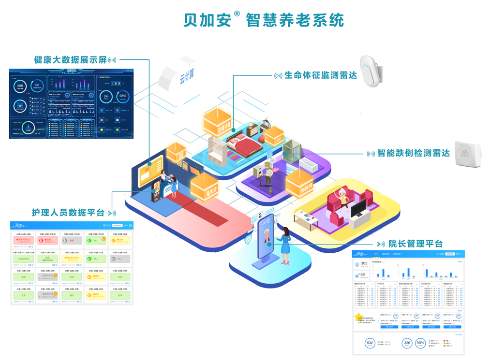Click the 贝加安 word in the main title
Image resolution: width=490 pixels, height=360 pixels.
click(x=208, y=20)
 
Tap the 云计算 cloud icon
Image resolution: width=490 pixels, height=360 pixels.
click(x=183, y=78)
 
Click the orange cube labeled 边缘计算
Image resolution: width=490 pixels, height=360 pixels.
click(x=217, y=123)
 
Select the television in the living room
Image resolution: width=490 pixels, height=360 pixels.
click(x=358, y=209)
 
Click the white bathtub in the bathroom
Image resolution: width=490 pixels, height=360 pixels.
click(x=308, y=165)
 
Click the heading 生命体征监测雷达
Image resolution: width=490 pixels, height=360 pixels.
click(x=320, y=75)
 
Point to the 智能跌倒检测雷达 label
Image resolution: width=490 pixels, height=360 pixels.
click(x=414, y=153)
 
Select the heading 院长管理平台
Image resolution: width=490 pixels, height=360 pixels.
click(x=416, y=244)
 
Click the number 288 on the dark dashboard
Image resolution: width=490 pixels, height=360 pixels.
click(x=20, y=86)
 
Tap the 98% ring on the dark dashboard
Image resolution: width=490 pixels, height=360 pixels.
click(x=123, y=96)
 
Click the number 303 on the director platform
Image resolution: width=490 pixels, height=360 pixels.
click(x=364, y=264)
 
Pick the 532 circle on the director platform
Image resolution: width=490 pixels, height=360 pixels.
click(x=370, y=343)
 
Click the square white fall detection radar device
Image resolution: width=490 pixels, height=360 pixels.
click(x=467, y=154)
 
